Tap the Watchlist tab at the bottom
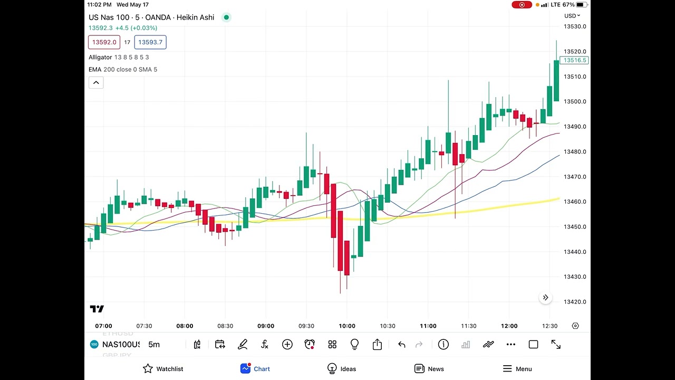[x=163, y=369]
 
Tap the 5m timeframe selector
[x=153, y=345]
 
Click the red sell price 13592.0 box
[x=104, y=42]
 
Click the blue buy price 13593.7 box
[x=150, y=42]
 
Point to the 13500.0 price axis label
[x=575, y=102]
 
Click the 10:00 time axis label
[x=347, y=326]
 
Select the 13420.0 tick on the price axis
[x=575, y=302]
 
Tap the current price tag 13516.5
[x=574, y=61]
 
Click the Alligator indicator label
[x=100, y=57]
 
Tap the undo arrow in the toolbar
[x=402, y=345]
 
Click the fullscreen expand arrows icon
[x=556, y=345]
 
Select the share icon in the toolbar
[x=377, y=345]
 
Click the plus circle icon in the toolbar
[x=287, y=345]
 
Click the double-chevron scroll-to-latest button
[x=546, y=298]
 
